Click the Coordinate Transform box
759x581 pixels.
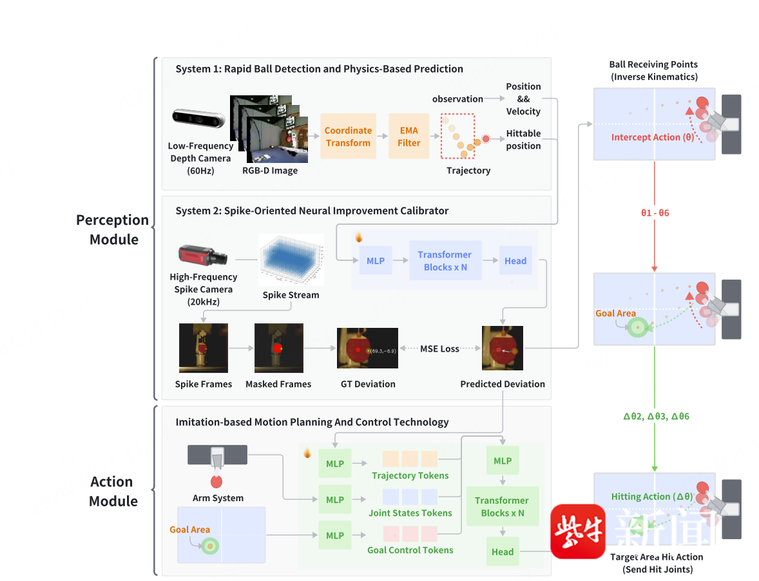coord(348,137)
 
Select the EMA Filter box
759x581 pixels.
coord(408,137)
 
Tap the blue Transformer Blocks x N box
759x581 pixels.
coord(445,261)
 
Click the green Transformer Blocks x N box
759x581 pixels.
coord(502,506)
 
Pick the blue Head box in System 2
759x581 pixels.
coord(515,261)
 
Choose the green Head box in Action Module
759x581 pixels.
coord(503,551)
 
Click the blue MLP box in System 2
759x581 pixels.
coord(376,261)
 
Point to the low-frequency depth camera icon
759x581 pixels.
coord(198,119)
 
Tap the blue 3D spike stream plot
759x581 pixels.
coord(291,260)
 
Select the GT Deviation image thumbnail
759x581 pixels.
coord(367,348)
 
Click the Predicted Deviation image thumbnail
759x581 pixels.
coord(503,348)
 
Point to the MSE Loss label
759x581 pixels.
coord(440,348)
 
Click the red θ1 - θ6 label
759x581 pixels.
coord(655,213)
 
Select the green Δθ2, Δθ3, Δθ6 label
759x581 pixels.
coord(656,416)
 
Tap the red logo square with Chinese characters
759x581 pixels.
coord(578,531)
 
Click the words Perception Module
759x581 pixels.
coord(113,229)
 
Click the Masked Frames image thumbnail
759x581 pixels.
coord(278,348)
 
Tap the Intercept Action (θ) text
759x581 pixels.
coord(652,137)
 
